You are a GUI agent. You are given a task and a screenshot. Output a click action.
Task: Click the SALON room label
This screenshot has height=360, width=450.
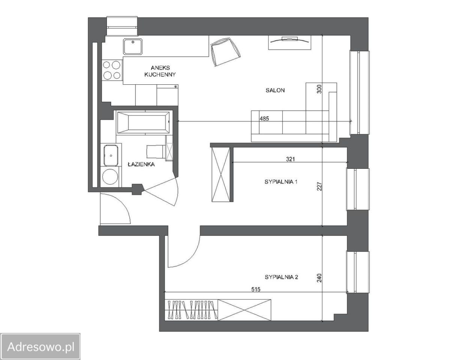(275, 90)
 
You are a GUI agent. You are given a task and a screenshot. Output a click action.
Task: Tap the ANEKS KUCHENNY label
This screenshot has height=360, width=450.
(160, 71)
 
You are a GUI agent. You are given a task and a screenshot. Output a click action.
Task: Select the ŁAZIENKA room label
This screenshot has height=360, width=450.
(141, 164)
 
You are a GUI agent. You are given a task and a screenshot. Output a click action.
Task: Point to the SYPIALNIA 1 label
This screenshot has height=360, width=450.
(281, 182)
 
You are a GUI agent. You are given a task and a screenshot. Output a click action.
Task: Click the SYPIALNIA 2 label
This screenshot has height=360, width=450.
(281, 277)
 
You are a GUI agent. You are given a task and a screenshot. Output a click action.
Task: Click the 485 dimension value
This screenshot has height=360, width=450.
(264, 118)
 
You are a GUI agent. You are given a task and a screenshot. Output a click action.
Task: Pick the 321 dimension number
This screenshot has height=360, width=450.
(291, 159)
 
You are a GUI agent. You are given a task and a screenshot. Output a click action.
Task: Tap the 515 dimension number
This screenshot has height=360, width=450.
(256, 289)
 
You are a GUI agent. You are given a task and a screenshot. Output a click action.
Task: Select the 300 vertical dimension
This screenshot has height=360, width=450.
(319, 89)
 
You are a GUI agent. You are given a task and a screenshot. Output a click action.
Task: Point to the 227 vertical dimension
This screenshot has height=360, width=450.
(319, 186)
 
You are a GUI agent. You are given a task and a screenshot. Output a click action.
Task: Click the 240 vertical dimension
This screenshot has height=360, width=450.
(319, 278)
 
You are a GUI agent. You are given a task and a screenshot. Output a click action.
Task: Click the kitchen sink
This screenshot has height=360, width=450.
(133, 46)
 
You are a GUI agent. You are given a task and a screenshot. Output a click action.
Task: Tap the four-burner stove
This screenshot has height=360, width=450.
(112, 70)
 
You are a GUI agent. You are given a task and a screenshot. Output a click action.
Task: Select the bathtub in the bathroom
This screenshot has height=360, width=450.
(144, 122)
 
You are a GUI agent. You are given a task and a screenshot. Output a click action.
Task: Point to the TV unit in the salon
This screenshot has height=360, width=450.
(289, 42)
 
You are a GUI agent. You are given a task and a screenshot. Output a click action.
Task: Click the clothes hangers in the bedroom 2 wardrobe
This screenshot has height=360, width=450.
(191, 310)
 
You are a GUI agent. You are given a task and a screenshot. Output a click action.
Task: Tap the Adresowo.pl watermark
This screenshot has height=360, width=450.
(40, 346)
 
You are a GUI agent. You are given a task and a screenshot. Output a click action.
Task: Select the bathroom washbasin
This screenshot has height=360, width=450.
(111, 155)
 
